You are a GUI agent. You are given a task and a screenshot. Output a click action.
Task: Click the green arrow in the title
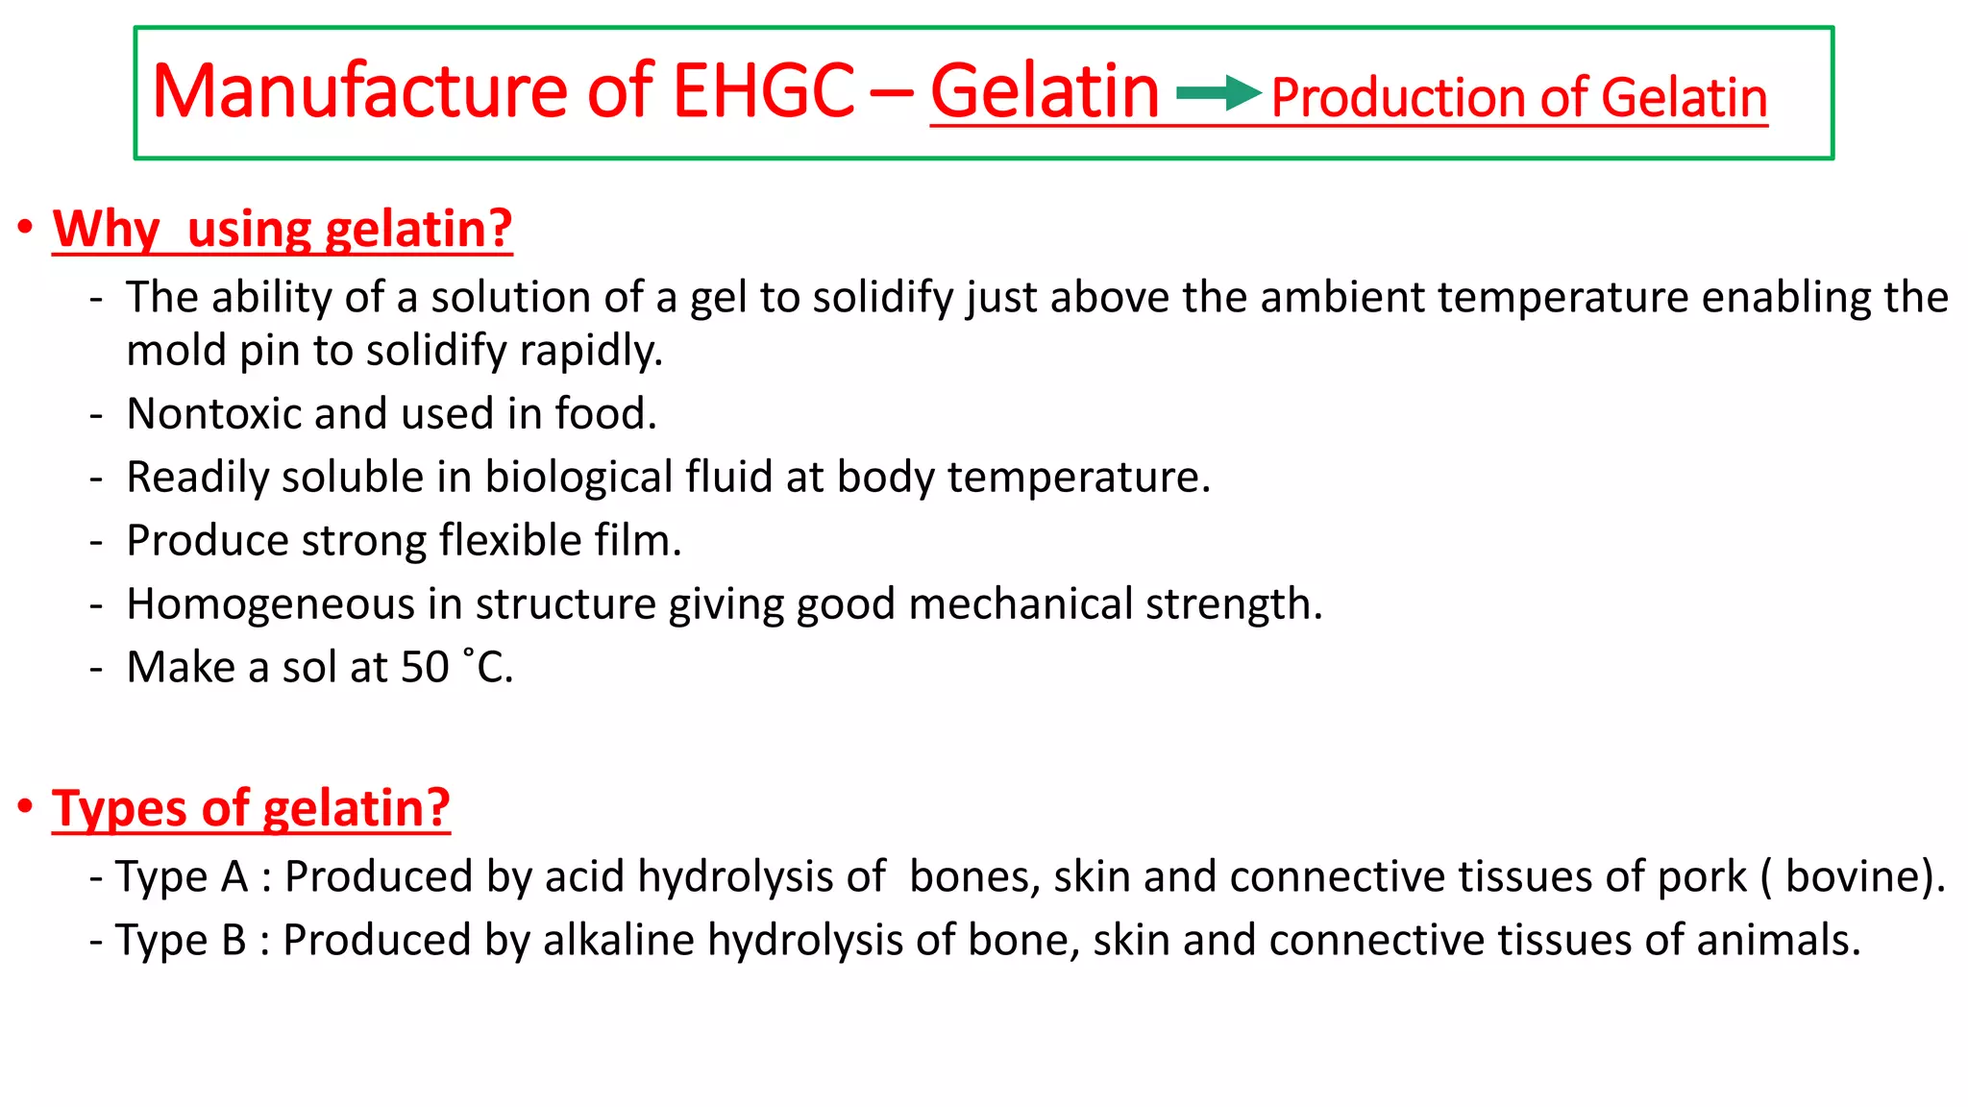point(1218,93)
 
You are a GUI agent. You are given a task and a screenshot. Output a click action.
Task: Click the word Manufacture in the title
point(360,91)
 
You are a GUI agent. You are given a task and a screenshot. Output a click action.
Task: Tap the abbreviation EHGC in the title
point(763,91)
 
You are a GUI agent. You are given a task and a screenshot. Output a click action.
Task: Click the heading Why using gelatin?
point(282,230)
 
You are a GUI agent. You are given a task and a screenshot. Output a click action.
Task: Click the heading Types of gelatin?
point(251,808)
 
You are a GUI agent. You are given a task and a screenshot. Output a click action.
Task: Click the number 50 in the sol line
point(425,668)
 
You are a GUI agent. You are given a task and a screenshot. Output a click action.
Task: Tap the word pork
point(1702,877)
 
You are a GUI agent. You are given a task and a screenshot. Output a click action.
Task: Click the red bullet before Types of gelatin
point(25,805)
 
